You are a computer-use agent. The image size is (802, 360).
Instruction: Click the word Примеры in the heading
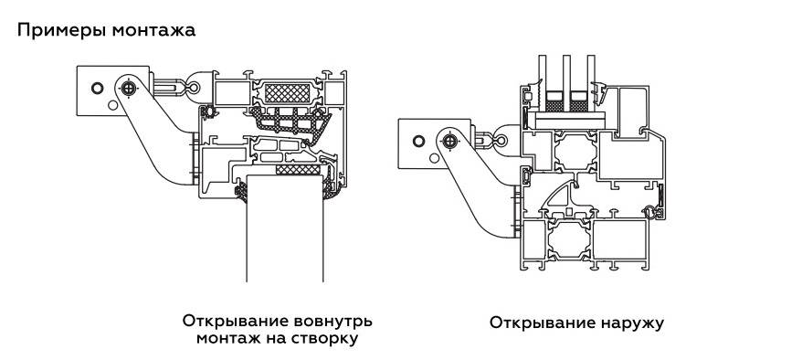(x=62, y=31)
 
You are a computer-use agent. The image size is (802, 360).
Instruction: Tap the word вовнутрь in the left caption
(x=333, y=322)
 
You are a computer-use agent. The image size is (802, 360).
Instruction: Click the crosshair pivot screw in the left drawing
(x=131, y=88)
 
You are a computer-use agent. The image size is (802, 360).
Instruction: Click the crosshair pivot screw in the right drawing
(x=450, y=140)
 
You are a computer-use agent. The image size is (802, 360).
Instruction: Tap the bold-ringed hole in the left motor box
(x=97, y=88)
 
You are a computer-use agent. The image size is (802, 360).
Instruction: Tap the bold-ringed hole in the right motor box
(x=419, y=141)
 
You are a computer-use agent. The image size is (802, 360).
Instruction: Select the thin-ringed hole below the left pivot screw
(x=113, y=106)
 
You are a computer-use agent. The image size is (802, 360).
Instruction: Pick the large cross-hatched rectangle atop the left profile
(x=287, y=93)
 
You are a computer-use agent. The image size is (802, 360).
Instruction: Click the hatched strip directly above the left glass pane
(x=297, y=169)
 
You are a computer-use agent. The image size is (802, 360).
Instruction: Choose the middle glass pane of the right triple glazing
(x=566, y=73)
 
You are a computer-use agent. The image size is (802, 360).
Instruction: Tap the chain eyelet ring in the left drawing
(x=194, y=88)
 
